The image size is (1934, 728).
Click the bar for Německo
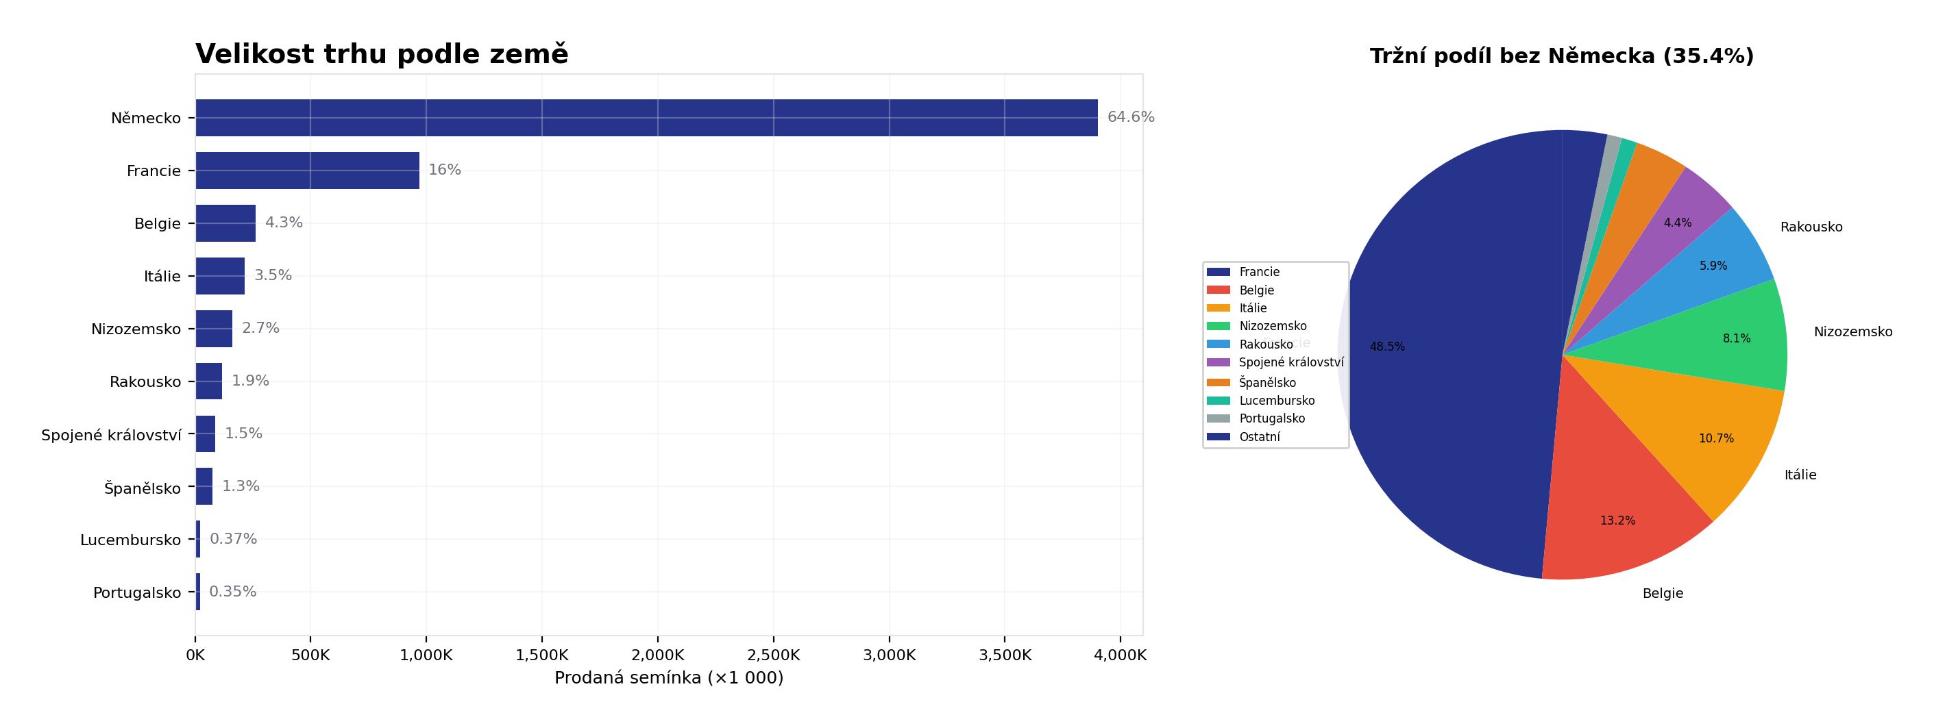coord(646,118)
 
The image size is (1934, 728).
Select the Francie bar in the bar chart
coord(307,171)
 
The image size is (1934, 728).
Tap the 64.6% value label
coord(1130,117)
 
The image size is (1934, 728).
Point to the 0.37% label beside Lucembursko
coord(233,539)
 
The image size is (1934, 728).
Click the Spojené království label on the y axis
coord(111,436)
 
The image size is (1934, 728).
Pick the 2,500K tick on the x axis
coord(773,655)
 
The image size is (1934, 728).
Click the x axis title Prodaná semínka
coord(668,678)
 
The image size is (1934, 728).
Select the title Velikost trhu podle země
coord(382,54)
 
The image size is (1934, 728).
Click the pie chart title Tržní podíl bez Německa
coord(1561,56)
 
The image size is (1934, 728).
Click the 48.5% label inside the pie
coord(1386,347)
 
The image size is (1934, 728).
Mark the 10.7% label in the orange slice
coord(1715,438)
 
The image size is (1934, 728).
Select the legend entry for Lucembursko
coord(1276,401)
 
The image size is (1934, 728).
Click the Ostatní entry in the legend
coord(1259,437)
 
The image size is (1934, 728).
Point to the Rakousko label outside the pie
coord(1810,227)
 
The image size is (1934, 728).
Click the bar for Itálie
coord(220,276)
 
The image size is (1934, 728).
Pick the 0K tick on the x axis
coord(195,655)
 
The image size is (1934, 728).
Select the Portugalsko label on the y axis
coord(136,593)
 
